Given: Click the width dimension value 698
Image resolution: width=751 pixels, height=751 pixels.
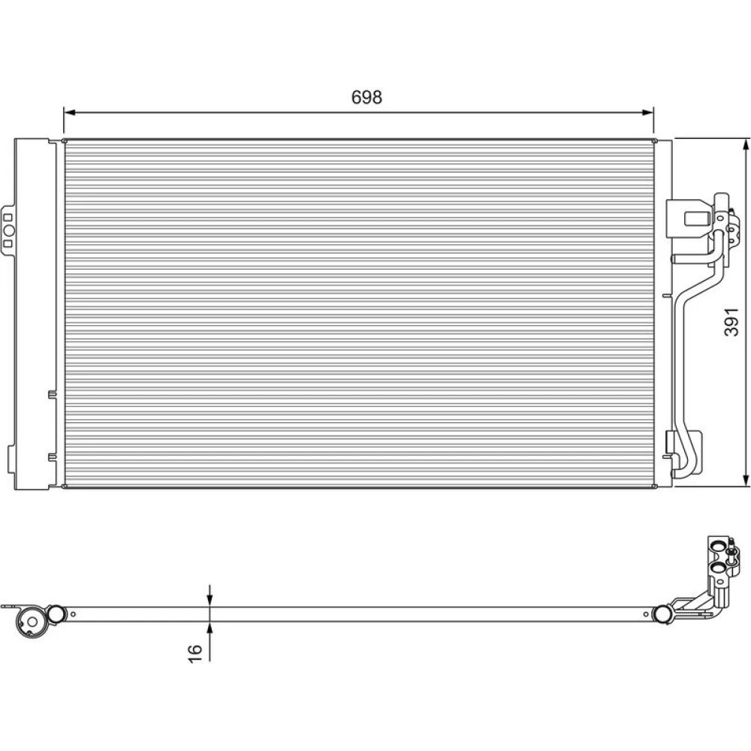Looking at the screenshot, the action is pos(367,97).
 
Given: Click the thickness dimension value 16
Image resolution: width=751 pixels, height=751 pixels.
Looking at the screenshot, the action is pos(195,653).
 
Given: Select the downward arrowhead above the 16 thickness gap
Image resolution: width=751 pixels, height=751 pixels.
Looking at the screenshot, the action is pos(210,601).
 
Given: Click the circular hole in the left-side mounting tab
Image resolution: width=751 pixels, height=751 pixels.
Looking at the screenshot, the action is pos(9,231).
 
